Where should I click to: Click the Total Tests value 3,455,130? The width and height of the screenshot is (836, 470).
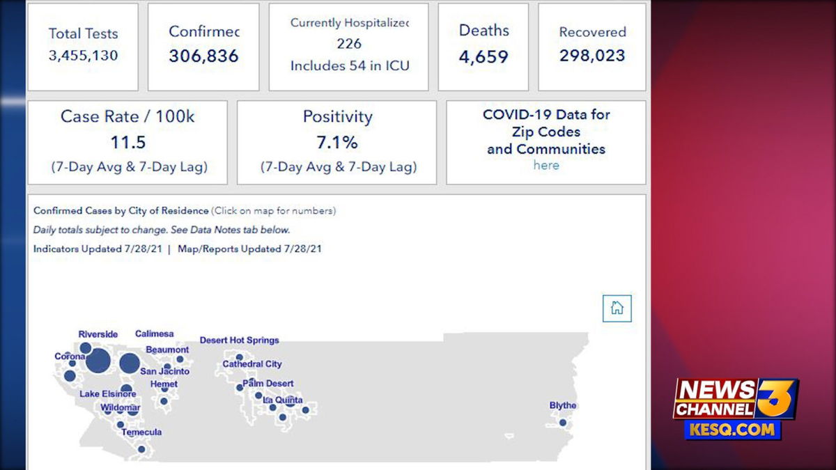[83, 56]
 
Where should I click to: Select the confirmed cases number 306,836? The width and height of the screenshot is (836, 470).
[203, 56]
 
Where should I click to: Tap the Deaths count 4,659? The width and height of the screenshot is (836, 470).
[483, 56]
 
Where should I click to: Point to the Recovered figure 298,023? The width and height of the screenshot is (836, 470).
[592, 56]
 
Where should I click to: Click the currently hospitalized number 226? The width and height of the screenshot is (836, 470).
[349, 44]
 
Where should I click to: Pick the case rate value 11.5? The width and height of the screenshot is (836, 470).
[127, 143]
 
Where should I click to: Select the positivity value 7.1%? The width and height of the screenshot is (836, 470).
[337, 143]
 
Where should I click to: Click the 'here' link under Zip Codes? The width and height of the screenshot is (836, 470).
[546, 165]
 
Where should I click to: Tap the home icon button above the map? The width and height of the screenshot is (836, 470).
[617, 308]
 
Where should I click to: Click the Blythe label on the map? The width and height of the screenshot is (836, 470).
[563, 405]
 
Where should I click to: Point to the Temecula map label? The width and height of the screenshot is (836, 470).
[141, 432]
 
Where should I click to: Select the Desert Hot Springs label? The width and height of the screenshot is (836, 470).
[239, 340]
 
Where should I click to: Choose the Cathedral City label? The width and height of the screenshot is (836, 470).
[252, 363]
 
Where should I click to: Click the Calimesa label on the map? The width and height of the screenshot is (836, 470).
[154, 334]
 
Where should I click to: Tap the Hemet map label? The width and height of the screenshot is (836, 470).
[164, 384]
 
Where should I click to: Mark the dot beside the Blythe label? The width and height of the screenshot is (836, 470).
[562, 422]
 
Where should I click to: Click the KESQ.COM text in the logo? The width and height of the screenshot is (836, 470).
[733, 430]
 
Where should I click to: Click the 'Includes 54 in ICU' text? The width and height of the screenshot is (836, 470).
[349, 66]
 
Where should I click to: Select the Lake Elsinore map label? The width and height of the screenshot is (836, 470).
[108, 393]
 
